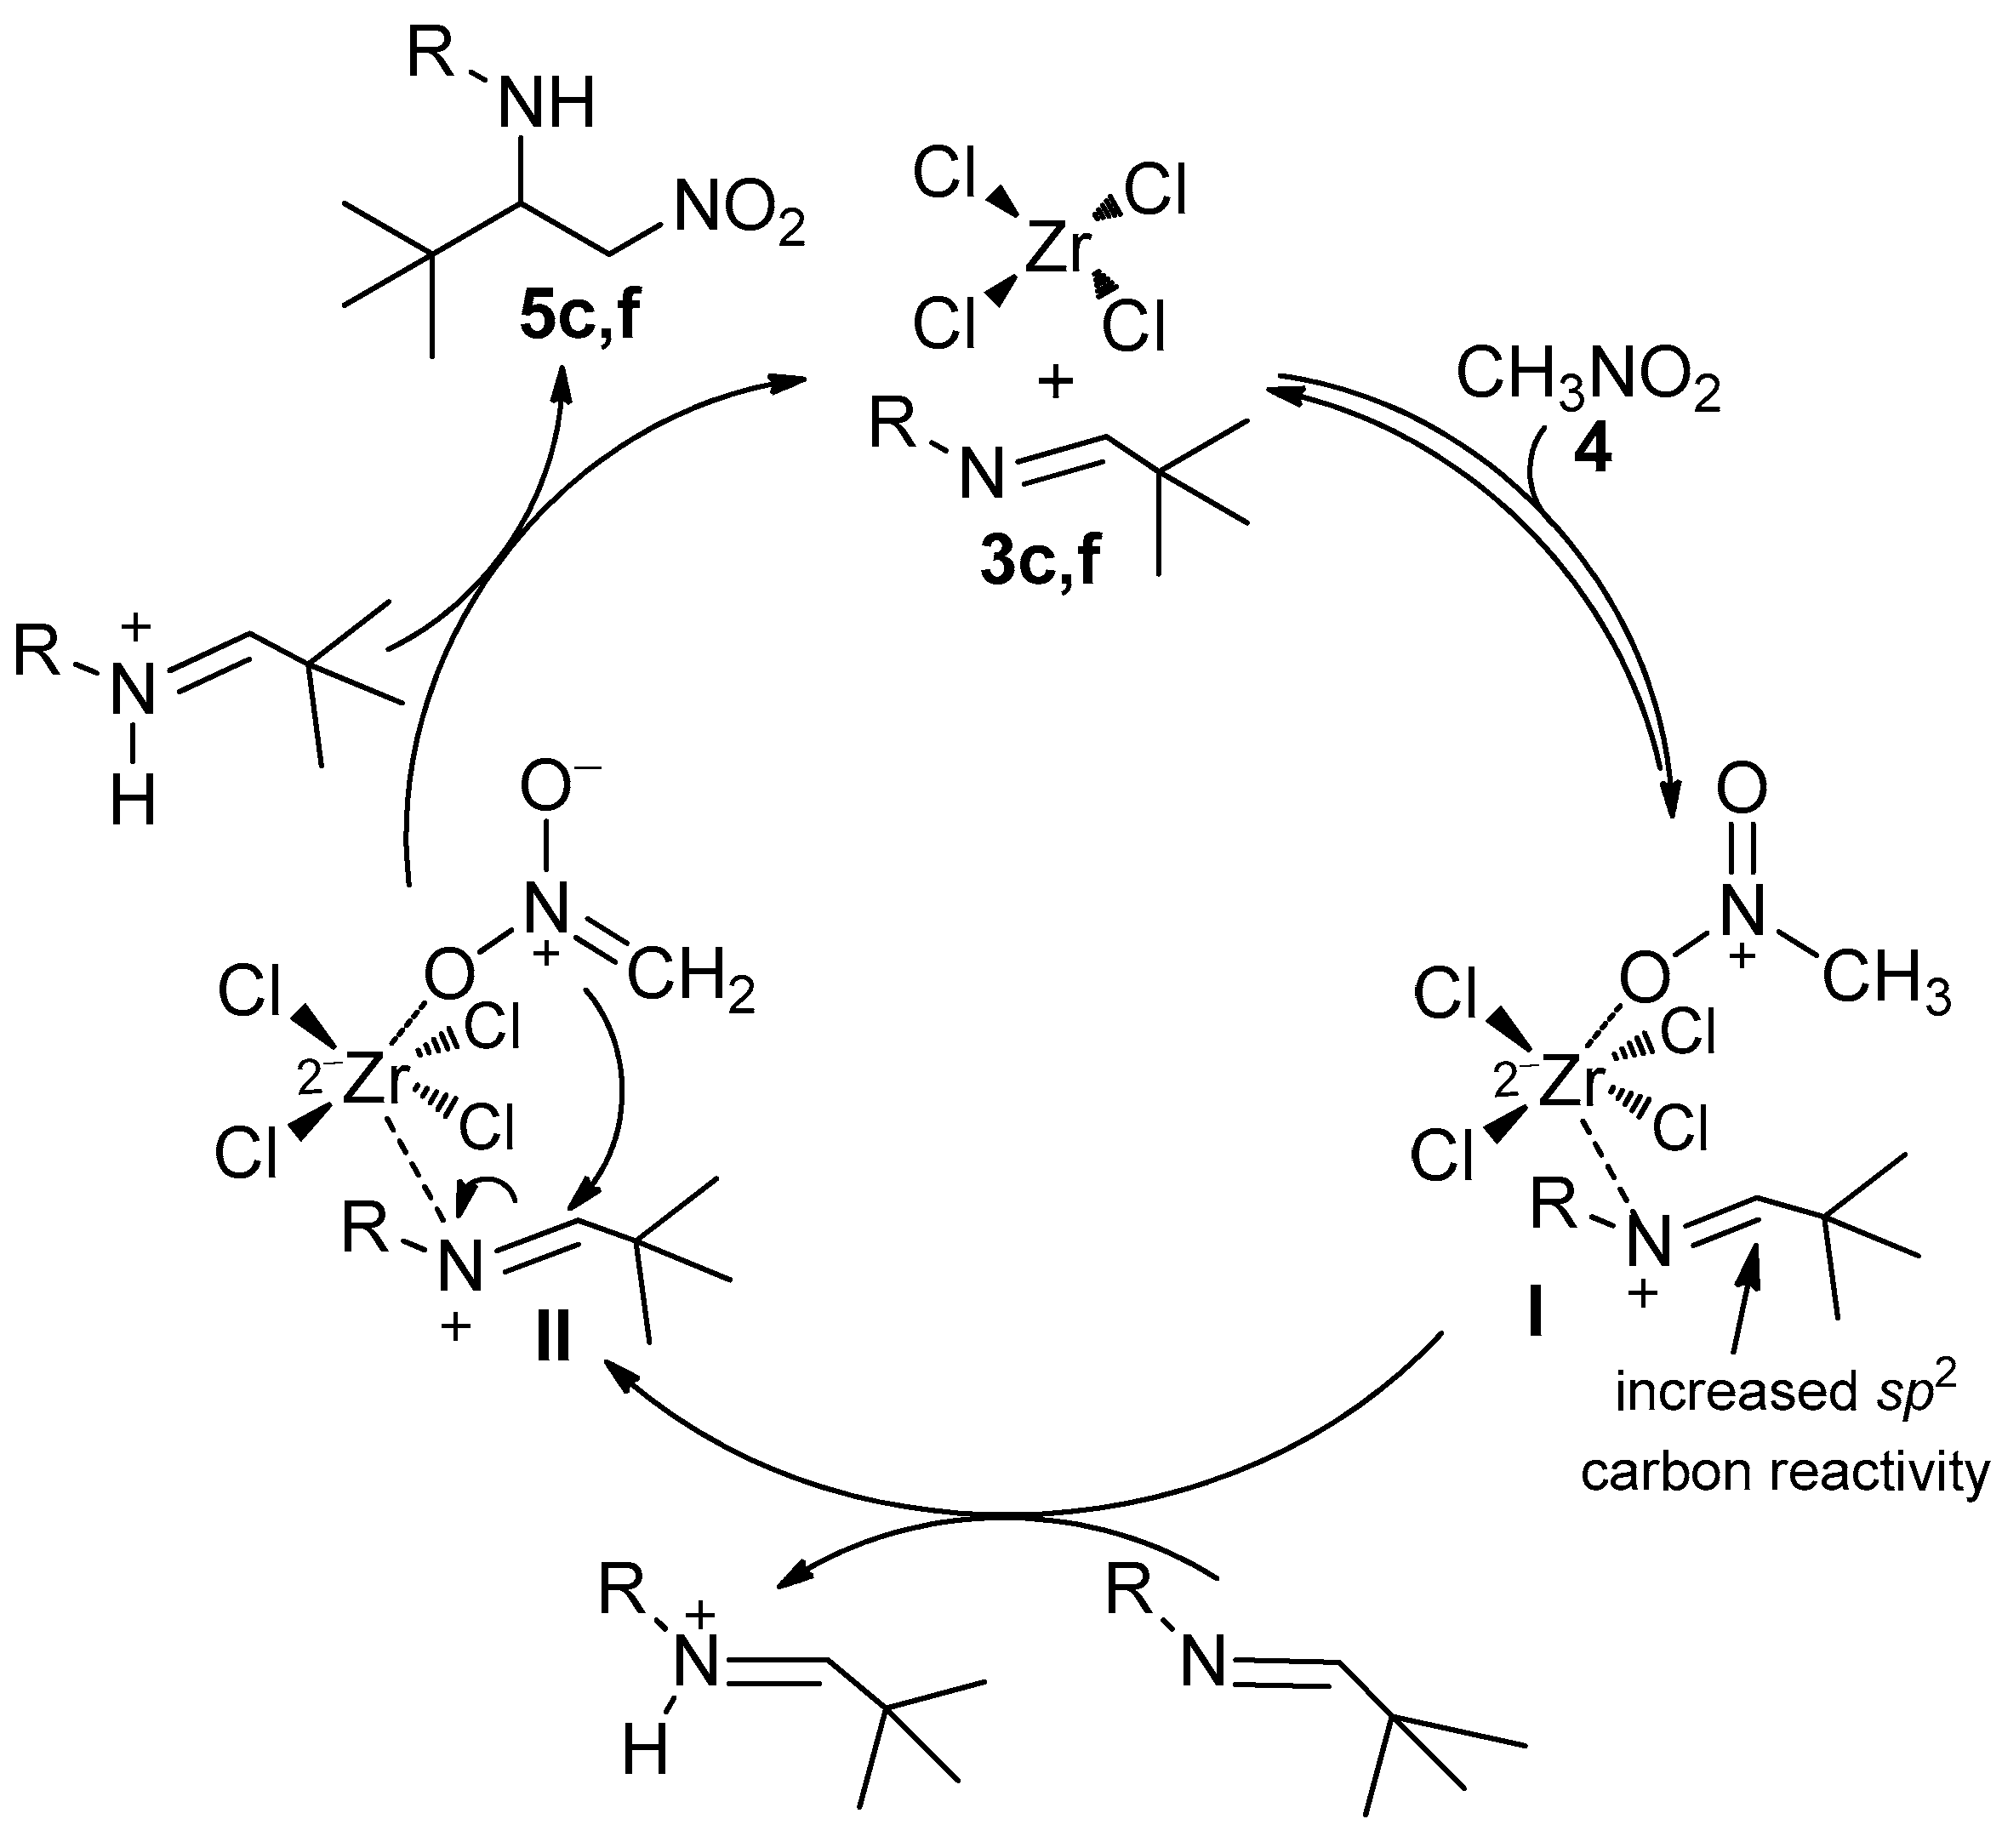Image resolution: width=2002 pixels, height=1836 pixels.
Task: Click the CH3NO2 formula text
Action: [1587, 380]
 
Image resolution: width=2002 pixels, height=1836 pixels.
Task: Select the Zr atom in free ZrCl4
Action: [1058, 248]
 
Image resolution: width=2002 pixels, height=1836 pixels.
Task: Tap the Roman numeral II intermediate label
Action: [552, 1338]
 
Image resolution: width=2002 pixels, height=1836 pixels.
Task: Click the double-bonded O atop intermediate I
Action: [1742, 790]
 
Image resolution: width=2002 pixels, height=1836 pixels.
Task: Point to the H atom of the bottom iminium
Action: [645, 1779]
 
